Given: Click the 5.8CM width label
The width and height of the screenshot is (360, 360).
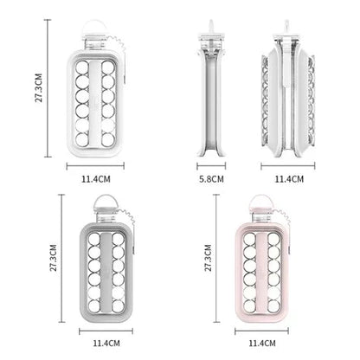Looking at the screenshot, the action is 211,179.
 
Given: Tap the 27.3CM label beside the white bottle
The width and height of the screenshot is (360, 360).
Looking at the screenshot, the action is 39,87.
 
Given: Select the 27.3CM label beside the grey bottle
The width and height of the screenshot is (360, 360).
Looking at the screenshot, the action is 54,258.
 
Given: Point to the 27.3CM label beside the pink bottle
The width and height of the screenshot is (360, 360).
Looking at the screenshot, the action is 209,258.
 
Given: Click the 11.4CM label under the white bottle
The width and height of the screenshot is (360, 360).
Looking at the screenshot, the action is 96,179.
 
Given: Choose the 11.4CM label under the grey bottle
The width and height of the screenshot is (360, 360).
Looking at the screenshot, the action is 106,344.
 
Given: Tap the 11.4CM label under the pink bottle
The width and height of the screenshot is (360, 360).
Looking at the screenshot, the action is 262,344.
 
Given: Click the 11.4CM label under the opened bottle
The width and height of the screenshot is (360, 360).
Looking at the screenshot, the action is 289,179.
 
